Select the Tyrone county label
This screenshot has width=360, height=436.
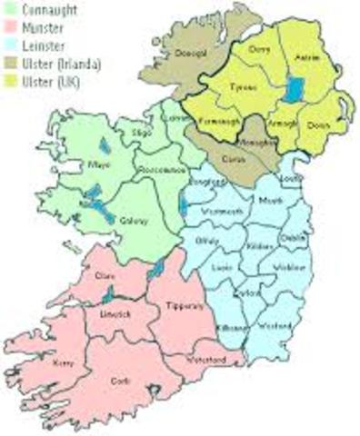[x=240, y=89]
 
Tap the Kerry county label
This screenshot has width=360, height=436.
[x=62, y=361]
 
